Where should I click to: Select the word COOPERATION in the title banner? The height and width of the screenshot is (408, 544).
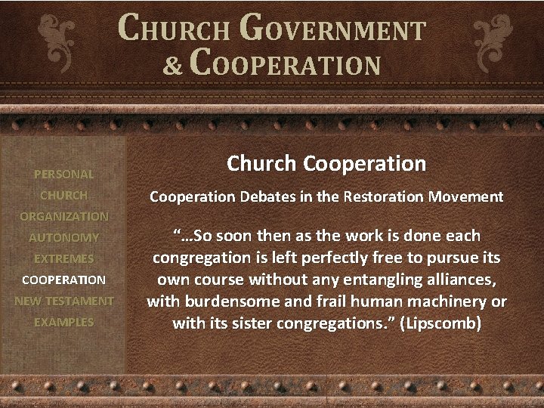pyautogui.click(x=285, y=63)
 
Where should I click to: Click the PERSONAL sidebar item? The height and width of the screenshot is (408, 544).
pyautogui.click(x=63, y=174)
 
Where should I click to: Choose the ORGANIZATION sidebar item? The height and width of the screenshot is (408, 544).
pyautogui.click(x=63, y=216)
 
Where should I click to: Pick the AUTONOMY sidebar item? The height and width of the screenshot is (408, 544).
pyautogui.click(x=63, y=237)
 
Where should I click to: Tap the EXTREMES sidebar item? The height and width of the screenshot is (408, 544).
pyautogui.click(x=63, y=258)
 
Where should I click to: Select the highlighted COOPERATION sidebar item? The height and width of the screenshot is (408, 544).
pyautogui.click(x=63, y=280)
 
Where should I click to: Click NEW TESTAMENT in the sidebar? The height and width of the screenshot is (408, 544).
pyautogui.click(x=63, y=301)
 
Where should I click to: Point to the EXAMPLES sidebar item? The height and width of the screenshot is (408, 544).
pyautogui.click(x=63, y=322)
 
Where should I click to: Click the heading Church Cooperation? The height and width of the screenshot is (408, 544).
pyautogui.click(x=326, y=163)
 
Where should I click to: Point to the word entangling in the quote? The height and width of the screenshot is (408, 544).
pyautogui.click(x=391, y=280)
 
